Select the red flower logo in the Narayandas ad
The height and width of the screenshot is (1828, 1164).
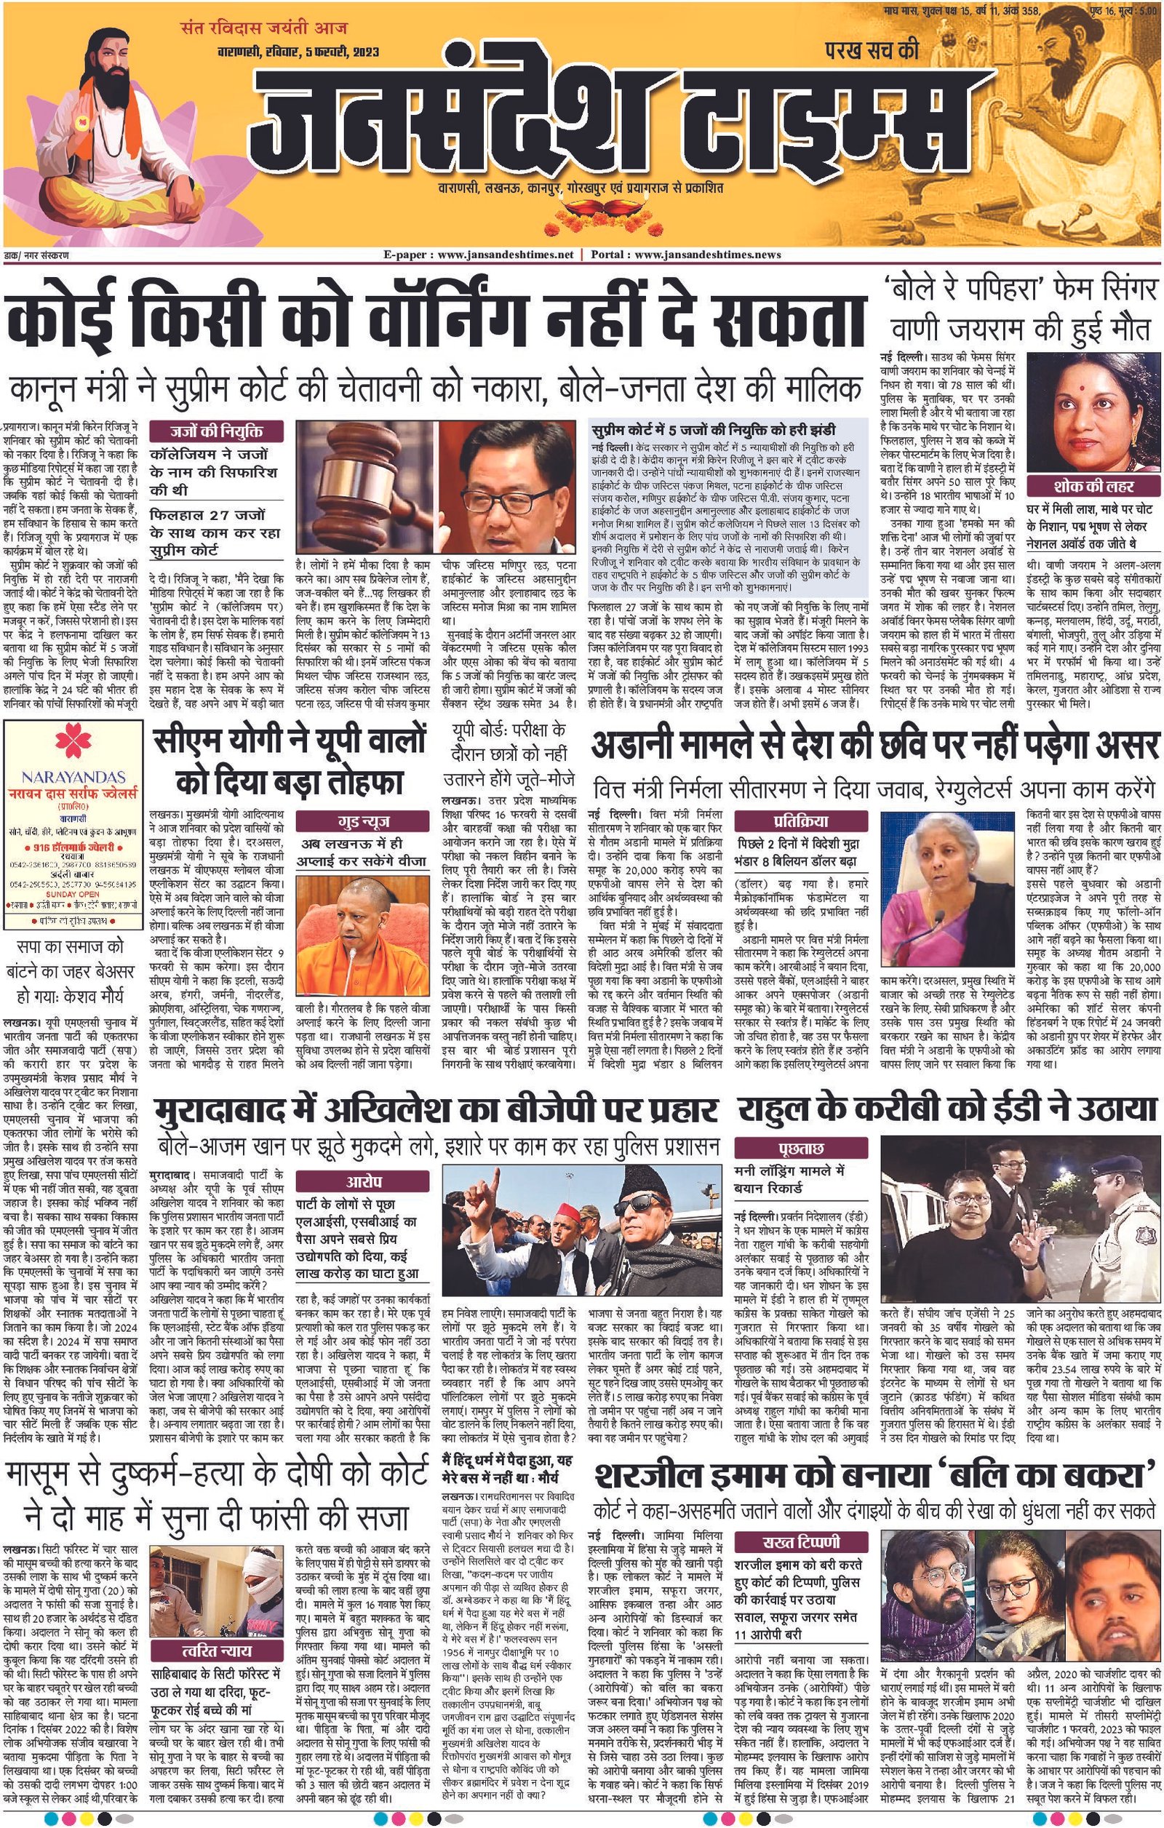(x=73, y=748)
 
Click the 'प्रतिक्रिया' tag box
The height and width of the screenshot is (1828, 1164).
(x=800, y=821)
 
